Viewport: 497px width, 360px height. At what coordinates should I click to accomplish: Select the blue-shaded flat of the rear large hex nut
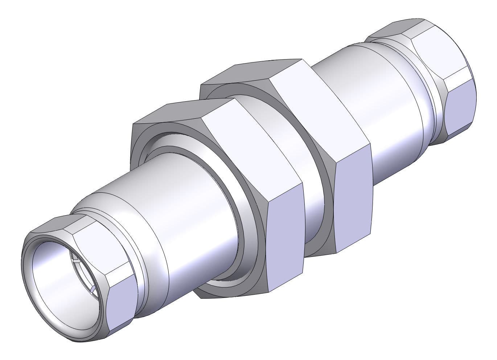click(354, 203)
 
